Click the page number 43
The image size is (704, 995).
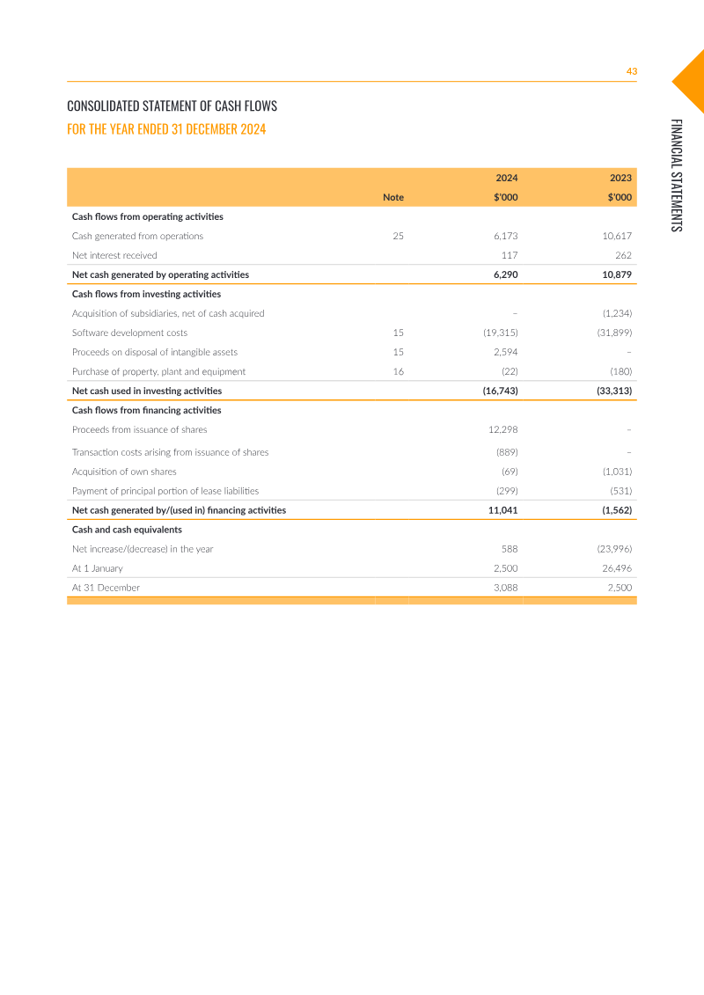coord(631,71)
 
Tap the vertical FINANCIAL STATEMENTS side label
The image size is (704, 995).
coord(676,175)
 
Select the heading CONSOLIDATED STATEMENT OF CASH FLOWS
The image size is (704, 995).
coord(172,106)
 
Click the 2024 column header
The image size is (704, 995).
coord(506,178)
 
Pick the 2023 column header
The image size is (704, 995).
coord(620,178)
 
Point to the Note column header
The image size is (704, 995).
coord(393,197)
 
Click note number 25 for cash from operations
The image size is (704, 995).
coord(398,236)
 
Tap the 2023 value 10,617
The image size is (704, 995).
coord(616,236)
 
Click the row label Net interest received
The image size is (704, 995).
coord(114,255)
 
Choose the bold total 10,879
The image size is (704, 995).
coord(615,274)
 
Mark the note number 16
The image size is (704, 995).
coord(398,371)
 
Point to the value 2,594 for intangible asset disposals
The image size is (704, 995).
coord(505,352)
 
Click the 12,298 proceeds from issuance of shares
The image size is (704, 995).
coord(502,429)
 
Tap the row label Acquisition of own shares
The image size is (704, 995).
coord(124,472)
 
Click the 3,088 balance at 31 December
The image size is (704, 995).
coord(505,588)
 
